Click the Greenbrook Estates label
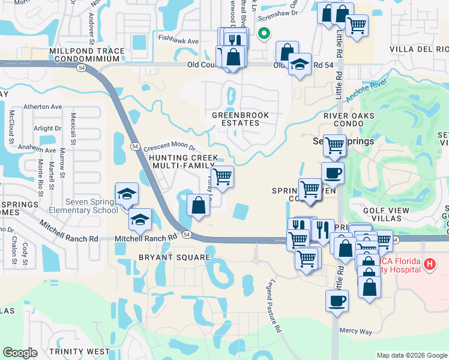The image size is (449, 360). (x=240, y=118)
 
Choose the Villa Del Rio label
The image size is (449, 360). (x=419, y=49)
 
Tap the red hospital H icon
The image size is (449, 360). (x=430, y=264)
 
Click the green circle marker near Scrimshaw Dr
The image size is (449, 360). (x=262, y=34)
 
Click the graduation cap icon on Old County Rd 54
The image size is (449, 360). (x=300, y=64)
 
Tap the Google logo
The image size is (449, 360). (x=20, y=353)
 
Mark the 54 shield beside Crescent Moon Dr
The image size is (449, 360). (x=134, y=146)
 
